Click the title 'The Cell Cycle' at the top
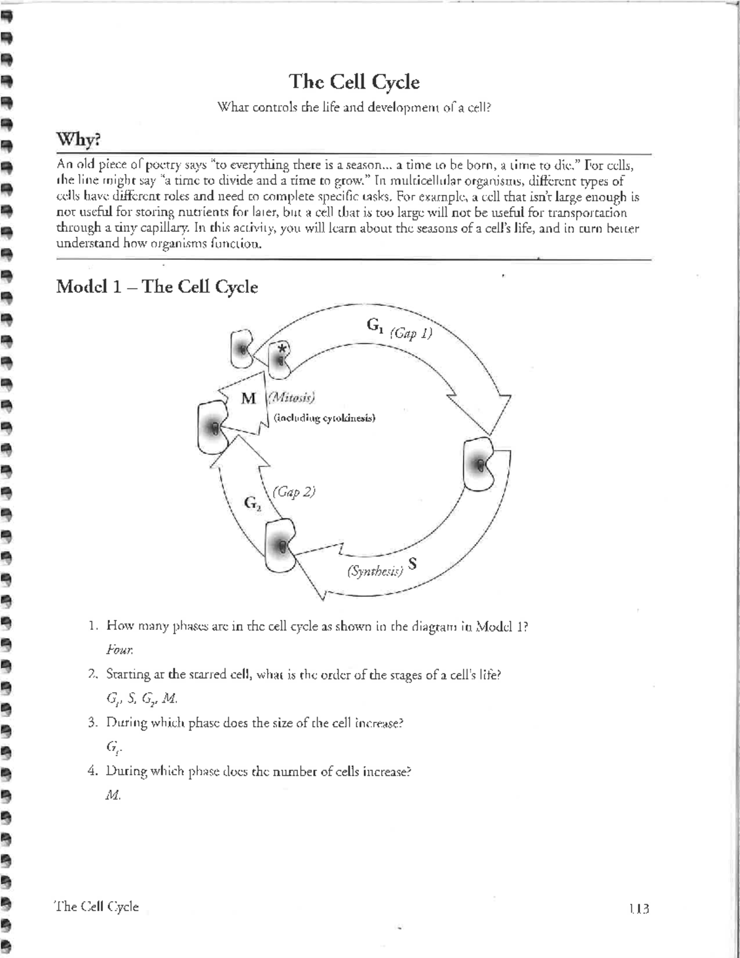[355, 82]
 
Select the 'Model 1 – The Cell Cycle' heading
[157, 287]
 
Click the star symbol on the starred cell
[282, 349]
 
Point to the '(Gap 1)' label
[411, 333]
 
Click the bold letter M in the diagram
[249, 398]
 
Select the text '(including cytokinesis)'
[324, 418]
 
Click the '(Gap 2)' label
[294, 492]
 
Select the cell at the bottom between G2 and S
[280, 545]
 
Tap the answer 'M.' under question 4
[113, 796]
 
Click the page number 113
[639, 909]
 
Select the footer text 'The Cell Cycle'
[97, 906]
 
